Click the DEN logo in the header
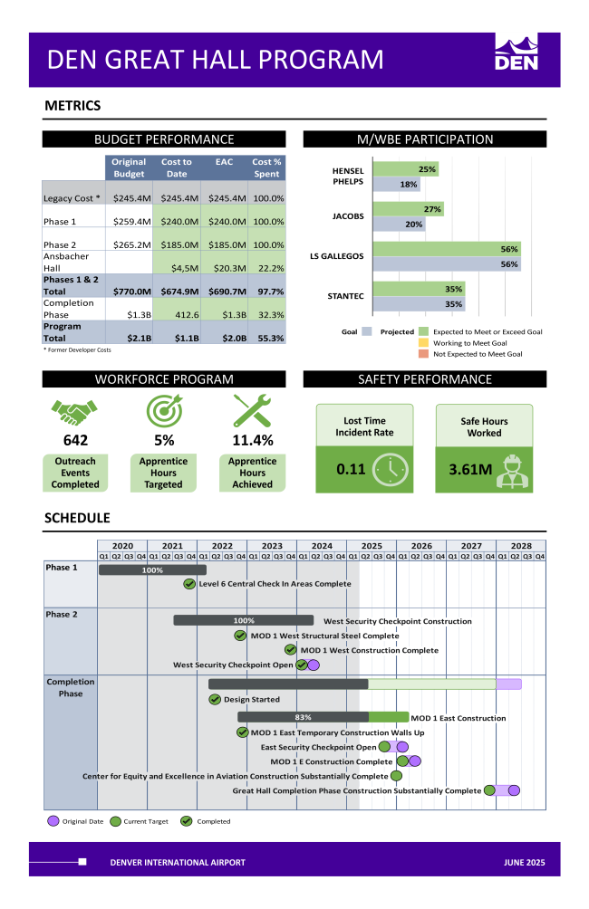516,53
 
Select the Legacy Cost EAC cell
227,198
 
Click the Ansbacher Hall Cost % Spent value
267,268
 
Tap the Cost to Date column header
177,167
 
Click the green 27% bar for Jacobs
408,209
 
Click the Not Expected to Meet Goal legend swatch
423,354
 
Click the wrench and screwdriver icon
252,411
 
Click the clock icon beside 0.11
390,470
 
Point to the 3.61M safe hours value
470,470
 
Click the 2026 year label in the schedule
421,546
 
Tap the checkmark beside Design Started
215,699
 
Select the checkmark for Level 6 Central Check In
189,584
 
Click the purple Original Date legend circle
53,821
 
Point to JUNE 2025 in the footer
525,862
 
